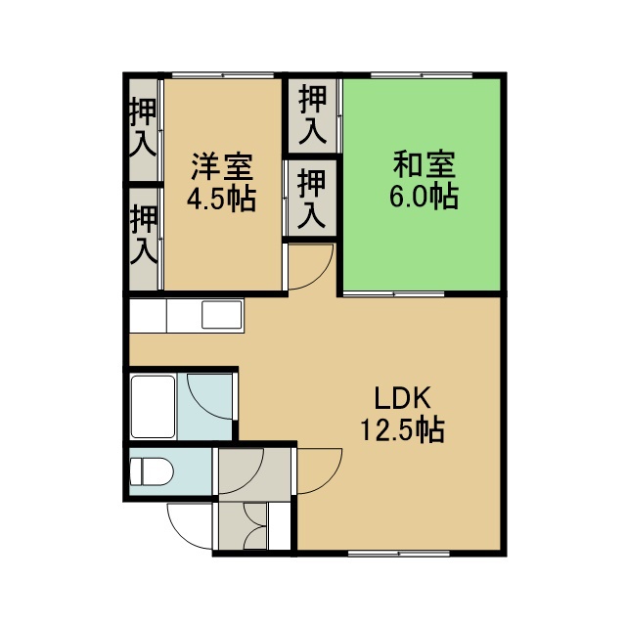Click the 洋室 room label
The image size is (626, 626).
coord(222,166)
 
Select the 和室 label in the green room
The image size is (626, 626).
coord(424,164)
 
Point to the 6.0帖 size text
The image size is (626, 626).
coord(424,196)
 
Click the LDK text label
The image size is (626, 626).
coord(403,398)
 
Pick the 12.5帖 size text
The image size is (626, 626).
coord(403,429)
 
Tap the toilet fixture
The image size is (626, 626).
coord(152,471)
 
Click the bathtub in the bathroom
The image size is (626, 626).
coord(154,407)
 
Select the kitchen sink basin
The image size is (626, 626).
coord(222,315)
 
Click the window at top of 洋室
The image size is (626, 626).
coord(223,75)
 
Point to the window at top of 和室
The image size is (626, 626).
coord(422,75)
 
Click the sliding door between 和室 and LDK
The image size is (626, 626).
coord(393,294)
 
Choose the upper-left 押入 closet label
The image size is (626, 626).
coord(142,127)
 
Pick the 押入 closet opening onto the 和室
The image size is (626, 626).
coord(313,114)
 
